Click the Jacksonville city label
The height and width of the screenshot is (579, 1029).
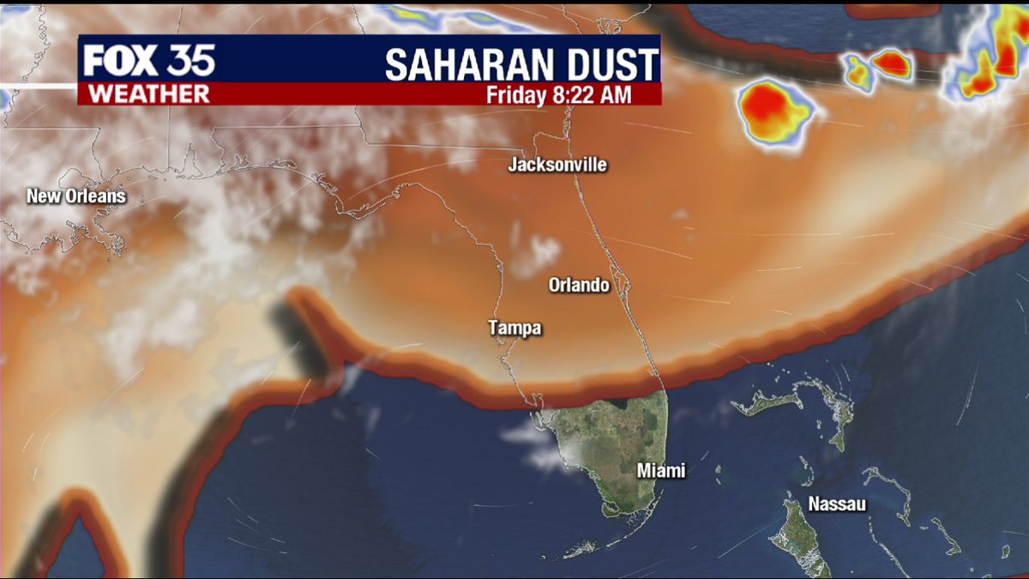pos(557,164)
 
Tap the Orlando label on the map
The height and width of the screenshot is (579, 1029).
pos(580,284)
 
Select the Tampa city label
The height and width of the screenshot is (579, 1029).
pos(515,328)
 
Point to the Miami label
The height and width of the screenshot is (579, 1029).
pos(661,471)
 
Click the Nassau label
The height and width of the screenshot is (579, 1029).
pos(837,504)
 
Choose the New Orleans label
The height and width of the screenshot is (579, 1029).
pos(76,196)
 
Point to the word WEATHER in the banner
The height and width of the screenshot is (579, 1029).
pos(148,93)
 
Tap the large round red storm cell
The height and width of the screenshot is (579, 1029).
pos(774,110)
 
